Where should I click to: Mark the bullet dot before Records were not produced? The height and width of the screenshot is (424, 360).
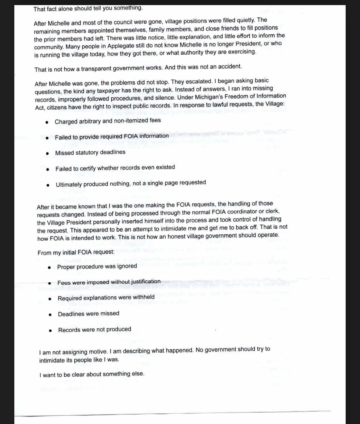coord(51,331)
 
